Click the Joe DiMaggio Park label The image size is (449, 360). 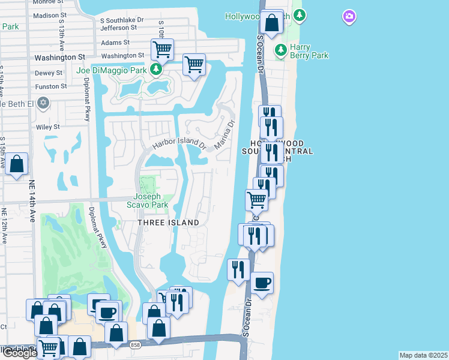[112, 70]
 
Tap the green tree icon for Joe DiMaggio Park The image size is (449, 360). [156, 70]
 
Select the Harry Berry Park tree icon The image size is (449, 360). [280, 48]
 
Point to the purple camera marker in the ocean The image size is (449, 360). [349, 16]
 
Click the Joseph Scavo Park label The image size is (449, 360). [148, 200]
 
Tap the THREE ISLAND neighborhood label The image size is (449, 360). [168, 223]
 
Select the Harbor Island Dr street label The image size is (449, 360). [179, 145]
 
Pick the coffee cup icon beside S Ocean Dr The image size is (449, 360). [262, 282]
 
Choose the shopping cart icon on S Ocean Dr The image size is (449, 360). [256, 200]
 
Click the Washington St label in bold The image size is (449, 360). [59, 58]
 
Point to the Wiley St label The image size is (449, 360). [47, 127]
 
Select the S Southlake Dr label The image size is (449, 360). [123, 20]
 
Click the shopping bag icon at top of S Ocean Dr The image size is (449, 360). [272, 23]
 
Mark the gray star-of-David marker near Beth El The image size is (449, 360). [43, 103]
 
